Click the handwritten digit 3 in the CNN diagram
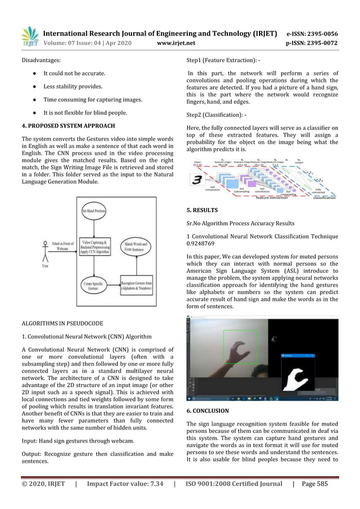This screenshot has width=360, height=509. [197, 180]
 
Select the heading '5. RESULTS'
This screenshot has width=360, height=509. [203, 210]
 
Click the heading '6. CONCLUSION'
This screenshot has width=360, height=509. [208, 411]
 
